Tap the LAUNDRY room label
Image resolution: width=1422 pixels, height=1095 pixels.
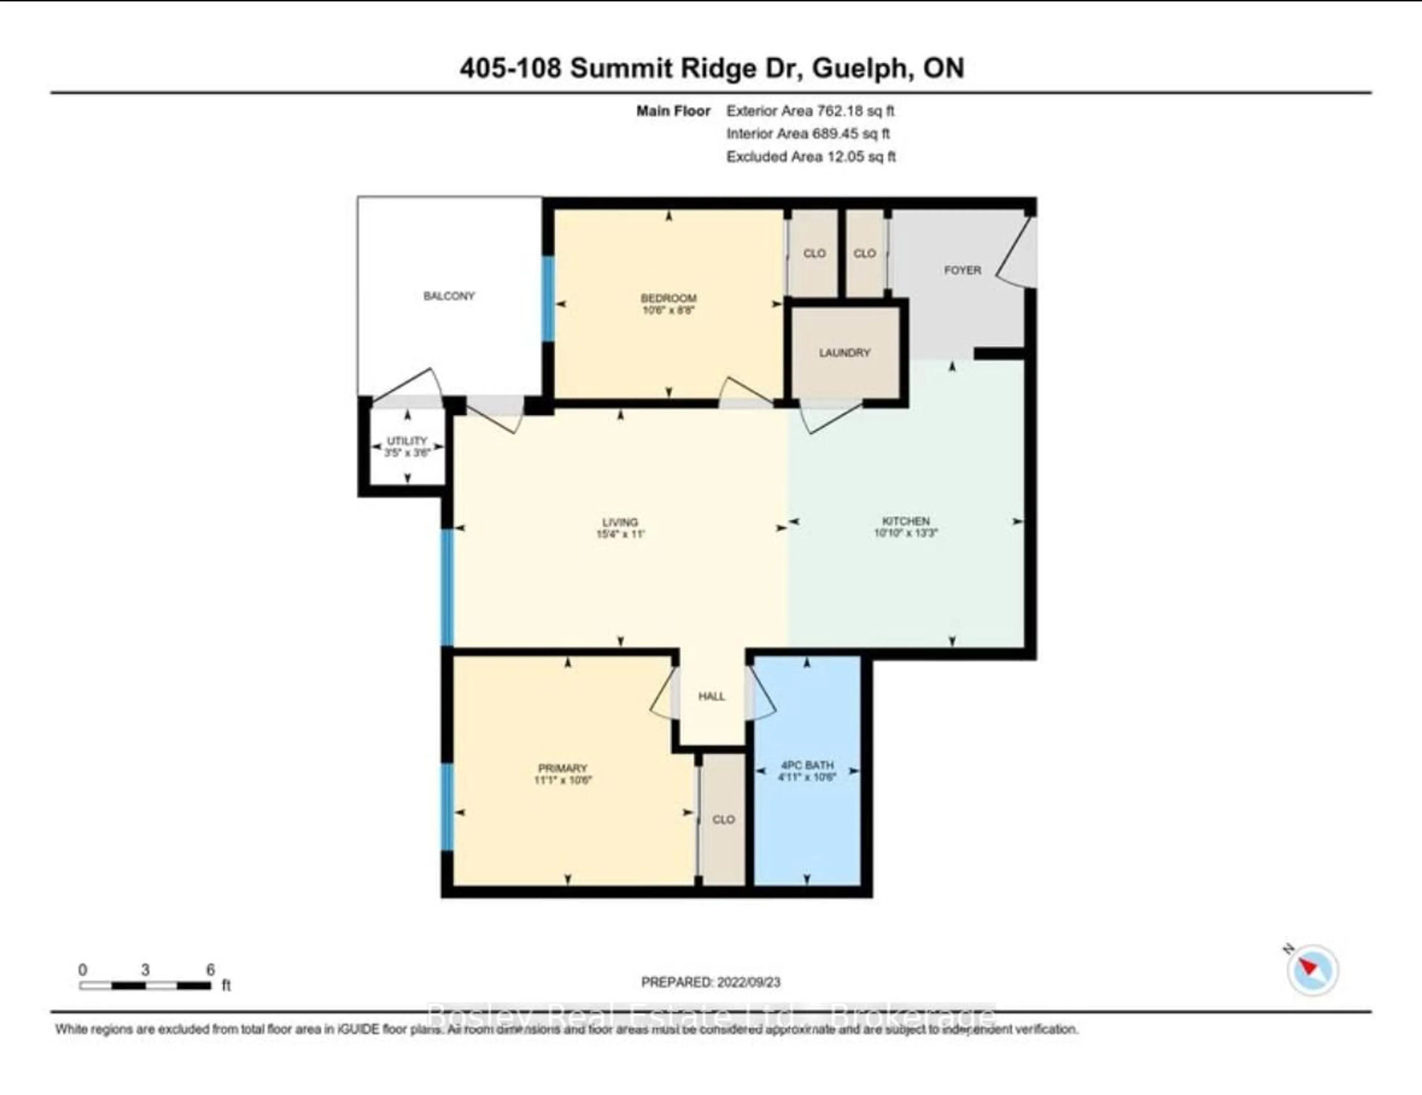(x=844, y=353)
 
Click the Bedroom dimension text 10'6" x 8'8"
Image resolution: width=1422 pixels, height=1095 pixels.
(x=669, y=311)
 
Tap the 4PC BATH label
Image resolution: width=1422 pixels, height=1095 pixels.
(x=807, y=765)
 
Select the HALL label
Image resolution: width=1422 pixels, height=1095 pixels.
(x=712, y=697)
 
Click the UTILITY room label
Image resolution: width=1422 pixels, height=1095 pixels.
(x=407, y=441)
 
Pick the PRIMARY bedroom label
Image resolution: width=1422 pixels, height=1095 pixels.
(x=563, y=768)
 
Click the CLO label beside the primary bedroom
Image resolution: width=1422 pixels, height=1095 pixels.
(x=723, y=819)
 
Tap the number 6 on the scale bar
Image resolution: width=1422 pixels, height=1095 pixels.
(x=210, y=970)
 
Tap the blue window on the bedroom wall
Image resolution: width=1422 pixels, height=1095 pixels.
(x=548, y=298)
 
